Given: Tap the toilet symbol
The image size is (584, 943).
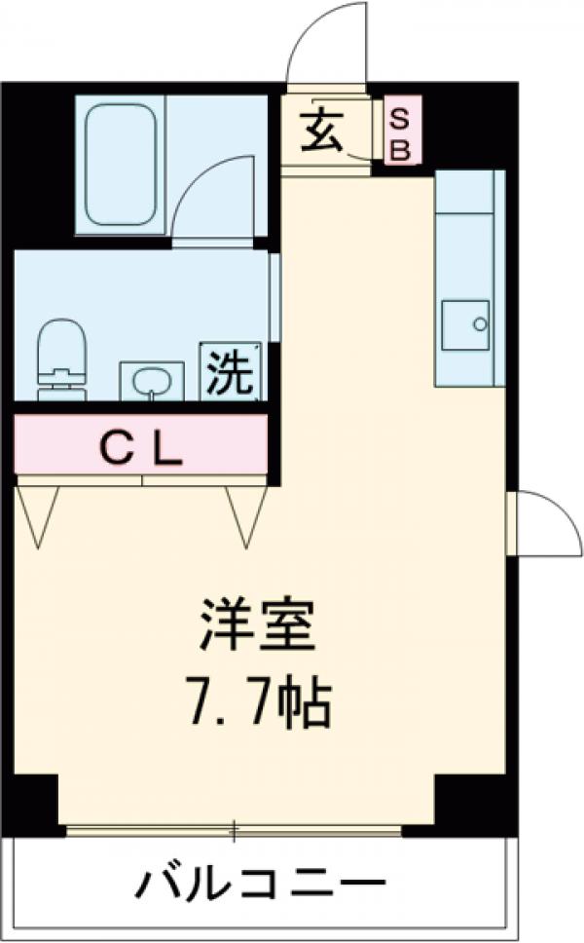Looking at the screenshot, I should click(x=60, y=360).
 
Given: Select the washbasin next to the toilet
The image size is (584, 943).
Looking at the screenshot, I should click(x=151, y=380).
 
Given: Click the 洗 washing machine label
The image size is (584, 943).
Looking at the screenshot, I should click(x=232, y=371).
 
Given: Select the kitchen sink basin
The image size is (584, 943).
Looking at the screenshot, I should click(x=464, y=324).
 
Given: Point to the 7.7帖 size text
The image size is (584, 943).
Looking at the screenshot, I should click(x=259, y=704).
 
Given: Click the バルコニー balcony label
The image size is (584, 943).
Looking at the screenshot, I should click(x=260, y=886).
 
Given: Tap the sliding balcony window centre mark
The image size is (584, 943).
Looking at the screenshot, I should click(x=234, y=831).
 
